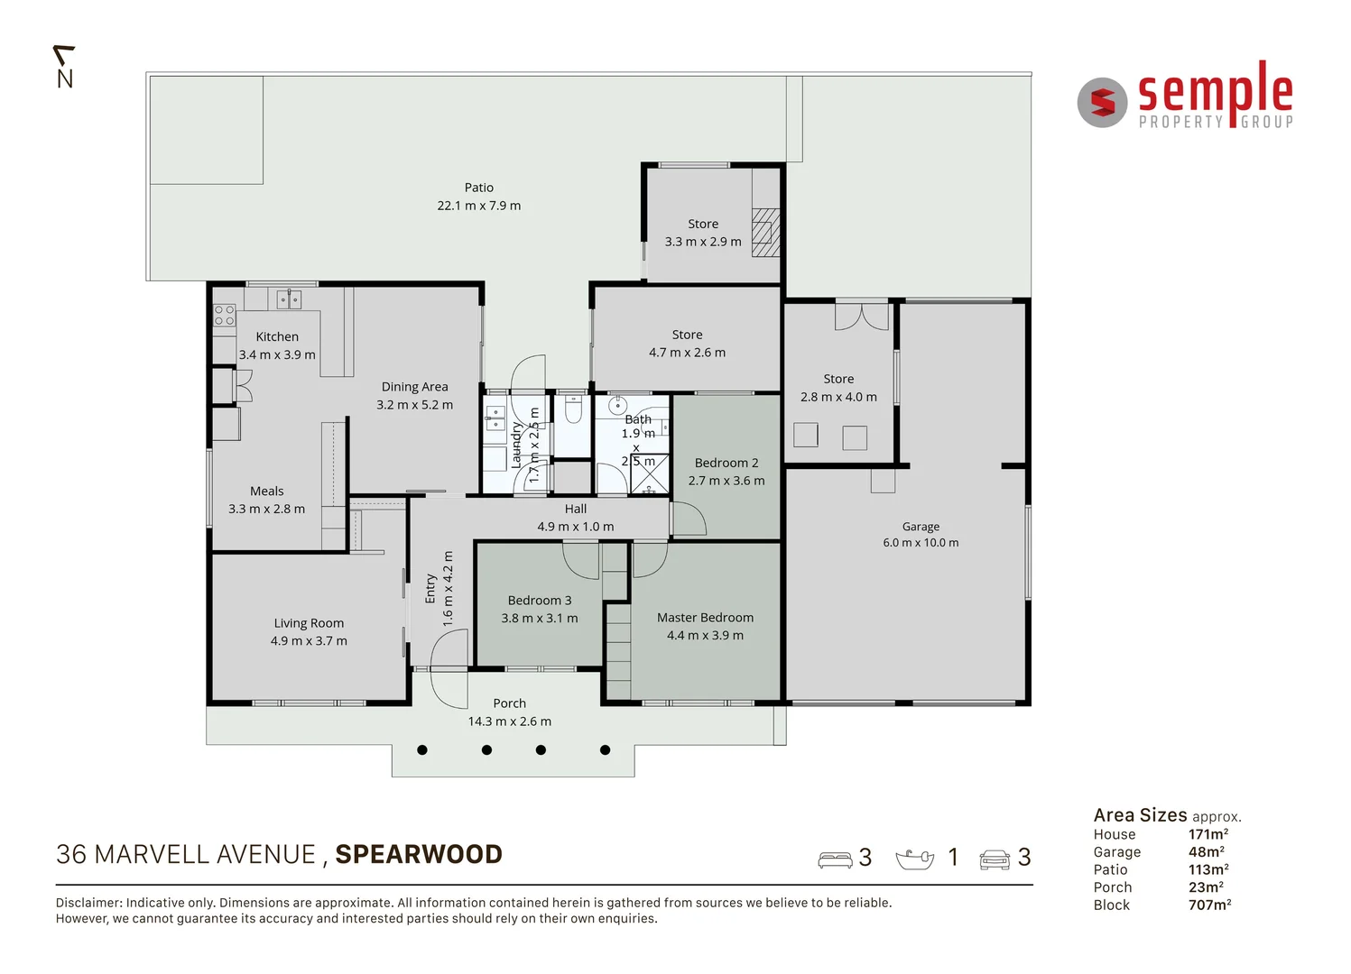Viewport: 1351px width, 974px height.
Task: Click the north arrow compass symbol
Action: click(64, 68)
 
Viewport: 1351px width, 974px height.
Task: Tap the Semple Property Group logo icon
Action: click(1102, 103)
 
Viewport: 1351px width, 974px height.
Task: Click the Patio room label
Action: click(478, 188)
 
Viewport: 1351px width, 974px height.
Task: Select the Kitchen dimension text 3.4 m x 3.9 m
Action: click(277, 355)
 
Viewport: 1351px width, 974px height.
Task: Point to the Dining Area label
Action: click(414, 387)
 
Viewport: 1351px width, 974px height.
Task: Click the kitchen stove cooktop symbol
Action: click(224, 315)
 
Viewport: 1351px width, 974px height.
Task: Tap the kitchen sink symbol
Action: click(289, 299)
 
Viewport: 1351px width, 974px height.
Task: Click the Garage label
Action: click(921, 527)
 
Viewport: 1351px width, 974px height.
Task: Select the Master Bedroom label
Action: click(705, 618)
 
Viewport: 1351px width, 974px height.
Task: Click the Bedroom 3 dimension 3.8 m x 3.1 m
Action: click(540, 619)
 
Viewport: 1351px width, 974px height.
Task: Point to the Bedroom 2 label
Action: click(726, 463)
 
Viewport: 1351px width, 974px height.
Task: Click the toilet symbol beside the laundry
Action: click(572, 410)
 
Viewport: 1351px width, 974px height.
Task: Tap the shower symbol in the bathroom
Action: click(650, 474)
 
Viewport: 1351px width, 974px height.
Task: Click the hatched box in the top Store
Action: click(765, 233)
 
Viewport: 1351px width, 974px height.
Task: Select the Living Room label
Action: click(309, 623)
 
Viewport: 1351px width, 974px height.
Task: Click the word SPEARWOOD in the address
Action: click(419, 854)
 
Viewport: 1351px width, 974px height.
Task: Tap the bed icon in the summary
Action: click(835, 859)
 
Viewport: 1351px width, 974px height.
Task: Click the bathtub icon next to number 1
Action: click(914, 859)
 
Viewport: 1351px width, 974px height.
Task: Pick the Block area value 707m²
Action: click(1209, 905)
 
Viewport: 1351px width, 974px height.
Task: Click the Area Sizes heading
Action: click(1140, 815)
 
